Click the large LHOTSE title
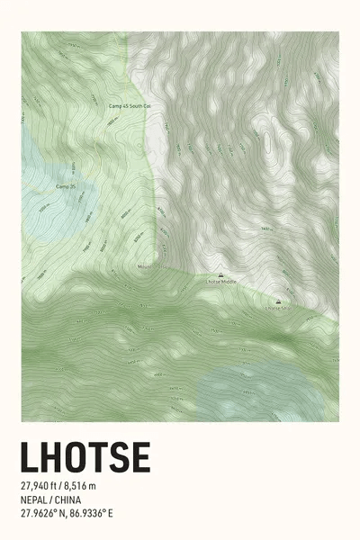point(85,457)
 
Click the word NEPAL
point(37,500)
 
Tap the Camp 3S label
point(64,186)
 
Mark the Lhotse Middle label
point(221,283)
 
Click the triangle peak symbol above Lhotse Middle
point(221,274)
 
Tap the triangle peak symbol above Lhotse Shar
point(277,301)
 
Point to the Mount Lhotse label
point(147,266)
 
